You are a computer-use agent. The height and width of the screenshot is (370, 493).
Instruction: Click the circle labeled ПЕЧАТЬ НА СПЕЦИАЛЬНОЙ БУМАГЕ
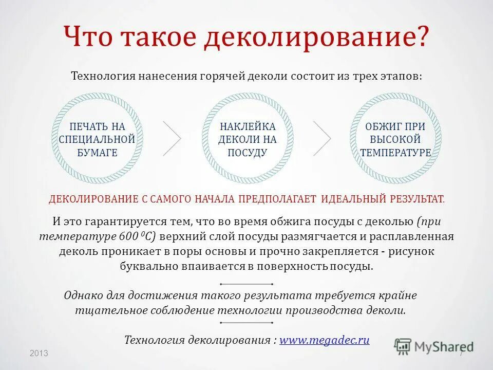[97, 138]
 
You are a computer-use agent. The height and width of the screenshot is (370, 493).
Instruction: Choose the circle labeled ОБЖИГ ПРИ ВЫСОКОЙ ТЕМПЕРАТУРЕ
[395, 138]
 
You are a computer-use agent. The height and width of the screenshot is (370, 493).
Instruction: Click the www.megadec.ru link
[324, 340]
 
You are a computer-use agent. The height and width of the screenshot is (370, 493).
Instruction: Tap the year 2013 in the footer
[39, 354]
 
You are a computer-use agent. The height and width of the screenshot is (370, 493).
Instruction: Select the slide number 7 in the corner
[461, 354]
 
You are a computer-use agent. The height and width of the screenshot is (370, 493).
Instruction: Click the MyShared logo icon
[403, 346]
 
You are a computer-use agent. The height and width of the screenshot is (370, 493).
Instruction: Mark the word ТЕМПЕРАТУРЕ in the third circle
[395, 153]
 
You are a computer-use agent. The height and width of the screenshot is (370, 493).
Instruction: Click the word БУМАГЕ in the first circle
[97, 153]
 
